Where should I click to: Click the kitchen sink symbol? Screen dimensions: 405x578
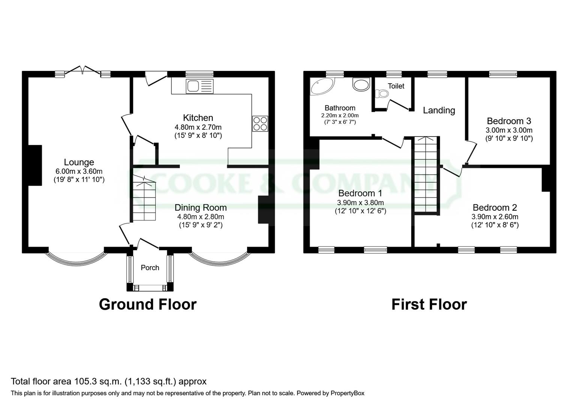(199, 87)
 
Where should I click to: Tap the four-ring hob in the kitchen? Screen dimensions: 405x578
(260, 123)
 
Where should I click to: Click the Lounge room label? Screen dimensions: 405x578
(79, 162)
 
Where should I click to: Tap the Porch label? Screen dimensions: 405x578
(150, 268)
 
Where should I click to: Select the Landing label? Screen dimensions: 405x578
(439, 110)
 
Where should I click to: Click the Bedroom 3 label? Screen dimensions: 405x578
(509, 121)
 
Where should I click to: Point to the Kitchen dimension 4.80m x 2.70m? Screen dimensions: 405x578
(198, 127)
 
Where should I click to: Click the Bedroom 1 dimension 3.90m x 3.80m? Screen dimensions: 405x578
(360, 203)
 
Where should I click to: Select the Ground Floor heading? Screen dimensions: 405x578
(147, 304)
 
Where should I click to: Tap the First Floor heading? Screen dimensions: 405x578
(429, 304)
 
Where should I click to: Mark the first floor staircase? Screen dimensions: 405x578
(426, 174)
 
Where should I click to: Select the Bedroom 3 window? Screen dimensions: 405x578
(503, 74)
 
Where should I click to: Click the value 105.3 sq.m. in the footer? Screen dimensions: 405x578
(97, 382)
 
